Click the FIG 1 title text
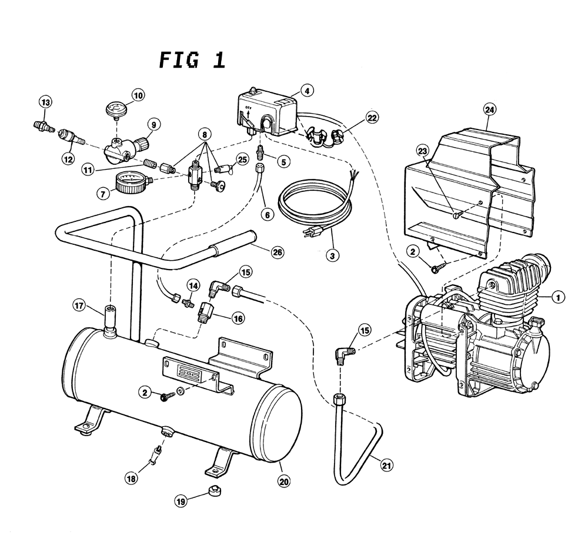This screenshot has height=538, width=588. click(192, 60)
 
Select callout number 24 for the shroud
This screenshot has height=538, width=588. click(489, 109)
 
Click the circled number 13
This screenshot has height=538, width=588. click(45, 102)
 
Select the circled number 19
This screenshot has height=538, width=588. click(182, 501)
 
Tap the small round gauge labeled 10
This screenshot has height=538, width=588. click(115, 109)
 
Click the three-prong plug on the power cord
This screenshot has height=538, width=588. click(308, 234)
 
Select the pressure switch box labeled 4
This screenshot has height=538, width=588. click(268, 114)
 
